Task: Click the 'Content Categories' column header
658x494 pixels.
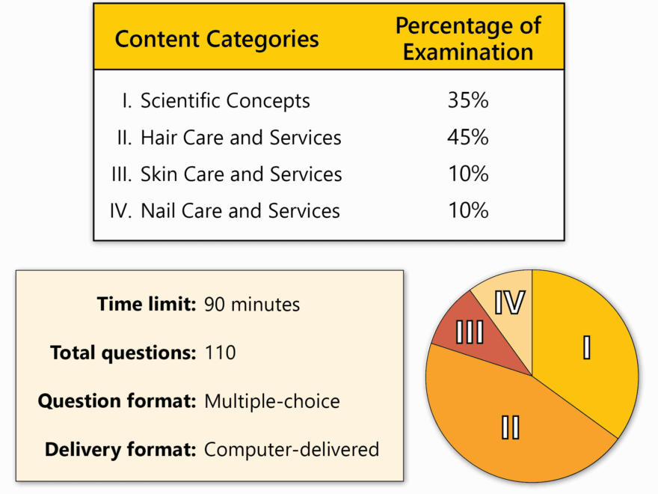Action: tap(217, 39)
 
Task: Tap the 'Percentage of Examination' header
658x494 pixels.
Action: tap(468, 39)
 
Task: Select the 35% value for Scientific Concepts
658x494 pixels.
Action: tap(468, 100)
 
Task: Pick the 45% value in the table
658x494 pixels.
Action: tap(468, 138)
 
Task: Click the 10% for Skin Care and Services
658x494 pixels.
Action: tap(468, 174)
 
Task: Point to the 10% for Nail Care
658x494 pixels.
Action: tap(468, 210)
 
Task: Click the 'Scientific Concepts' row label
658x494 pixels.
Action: tap(225, 101)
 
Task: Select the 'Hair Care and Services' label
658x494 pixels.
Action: tap(241, 138)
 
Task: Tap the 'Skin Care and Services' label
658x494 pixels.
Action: tap(241, 174)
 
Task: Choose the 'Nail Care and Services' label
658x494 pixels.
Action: tap(240, 211)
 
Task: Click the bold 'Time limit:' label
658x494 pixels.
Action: tap(147, 304)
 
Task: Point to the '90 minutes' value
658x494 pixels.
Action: tap(252, 305)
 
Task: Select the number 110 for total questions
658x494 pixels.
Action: tap(220, 353)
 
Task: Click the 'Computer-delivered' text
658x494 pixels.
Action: tap(291, 450)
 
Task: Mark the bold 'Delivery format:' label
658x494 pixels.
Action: tap(120, 450)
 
